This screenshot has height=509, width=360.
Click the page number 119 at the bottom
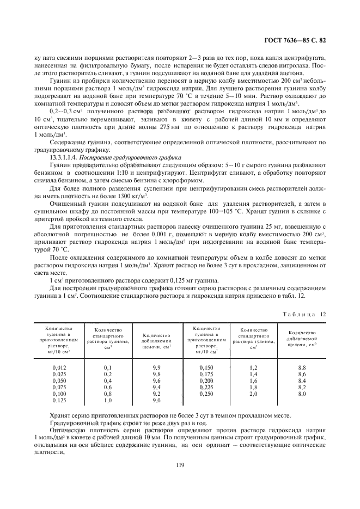(180, 464)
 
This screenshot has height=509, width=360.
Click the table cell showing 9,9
(156, 367)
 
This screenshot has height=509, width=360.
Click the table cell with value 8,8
(302, 367)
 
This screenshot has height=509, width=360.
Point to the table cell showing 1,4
(253, 374)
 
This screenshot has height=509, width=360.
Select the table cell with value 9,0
(156, 400)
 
